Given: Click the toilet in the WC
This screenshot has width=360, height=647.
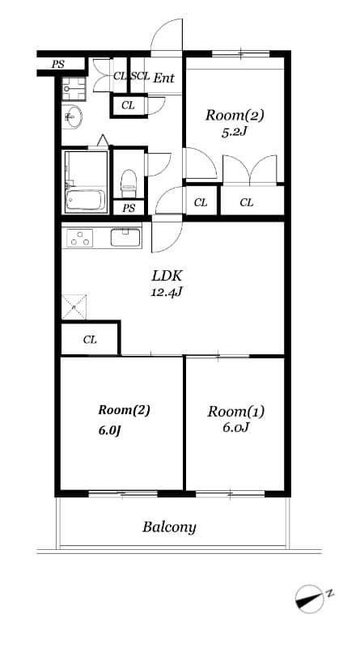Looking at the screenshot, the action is [x=129, y=184].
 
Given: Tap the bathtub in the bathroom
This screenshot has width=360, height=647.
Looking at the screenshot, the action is [x=86, y=200].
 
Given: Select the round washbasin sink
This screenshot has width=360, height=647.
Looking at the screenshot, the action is [x=74, y=117].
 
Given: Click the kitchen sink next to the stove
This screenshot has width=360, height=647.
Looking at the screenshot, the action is [x=126, y=238].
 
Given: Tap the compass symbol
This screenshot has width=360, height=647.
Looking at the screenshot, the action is [x=310, y=598].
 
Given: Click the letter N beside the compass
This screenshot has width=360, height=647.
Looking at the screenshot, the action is [x=330, y=594].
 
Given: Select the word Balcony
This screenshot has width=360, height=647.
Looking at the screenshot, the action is [x=169, y=528].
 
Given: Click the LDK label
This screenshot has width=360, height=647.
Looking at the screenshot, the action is [x=167, y=276].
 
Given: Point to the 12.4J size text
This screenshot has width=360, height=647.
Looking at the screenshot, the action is [x=167, y=293].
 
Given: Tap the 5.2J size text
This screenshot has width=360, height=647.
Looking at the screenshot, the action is [x=234, y=133].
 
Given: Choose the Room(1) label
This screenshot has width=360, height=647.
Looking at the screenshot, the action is [x=235, y=412].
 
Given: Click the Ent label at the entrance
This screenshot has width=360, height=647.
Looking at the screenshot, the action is [x=164, y=78].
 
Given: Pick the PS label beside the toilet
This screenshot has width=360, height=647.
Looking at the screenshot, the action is [x=129, y=209].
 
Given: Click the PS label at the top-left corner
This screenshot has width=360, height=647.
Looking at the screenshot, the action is [x=57, y=65].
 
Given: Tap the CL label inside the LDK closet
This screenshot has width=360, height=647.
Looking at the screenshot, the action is [x=90, y=340].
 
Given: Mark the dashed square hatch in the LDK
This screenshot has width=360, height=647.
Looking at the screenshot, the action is [x=74, y=307].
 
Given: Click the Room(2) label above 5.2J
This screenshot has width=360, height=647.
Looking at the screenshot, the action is [x=235, y=115].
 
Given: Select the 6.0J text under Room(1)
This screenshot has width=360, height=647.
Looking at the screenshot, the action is [x=235, y=428].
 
